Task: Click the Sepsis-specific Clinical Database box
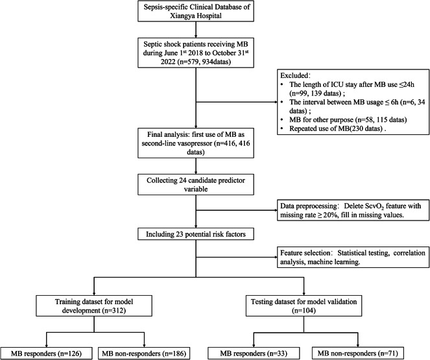click(x=195, y=11)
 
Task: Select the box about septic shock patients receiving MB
click(x=195, y=53)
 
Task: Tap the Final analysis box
click(x=195, y=143)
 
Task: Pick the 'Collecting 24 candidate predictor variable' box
click(x=195, y=184)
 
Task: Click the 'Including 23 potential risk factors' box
click(x=195, y=234)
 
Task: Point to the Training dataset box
click(x=94, y=306)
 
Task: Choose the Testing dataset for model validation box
click(x=304, y=306)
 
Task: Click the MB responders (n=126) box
click(x=46, y=354)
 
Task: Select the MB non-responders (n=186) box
click(x=144, y=354)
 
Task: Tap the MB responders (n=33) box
click(x=254, y=354)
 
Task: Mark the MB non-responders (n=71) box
click(x=358, y=354)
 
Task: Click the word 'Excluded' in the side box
click(x=294, y=75)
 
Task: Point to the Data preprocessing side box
click(x=353, y=210)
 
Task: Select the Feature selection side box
click(x=353, y=257)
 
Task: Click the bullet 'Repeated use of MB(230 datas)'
click(x=338, y=128)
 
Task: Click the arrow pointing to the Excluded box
click(x=237, y=102)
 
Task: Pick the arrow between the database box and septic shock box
click(x=196, y=30)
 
